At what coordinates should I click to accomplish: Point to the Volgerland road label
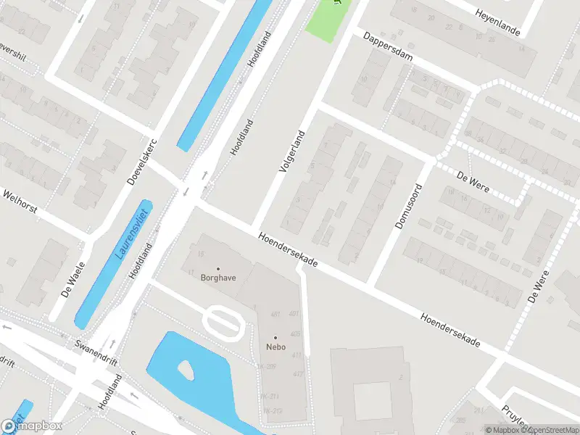pyautogui.click(x=292, y=151)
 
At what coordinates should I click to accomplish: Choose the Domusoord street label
pyautogui.click(x=408, y=206)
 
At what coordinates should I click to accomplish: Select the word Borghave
pyautogui.click(x=218, y=278)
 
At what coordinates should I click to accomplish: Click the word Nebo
pyautogui.click(x=275, y=347)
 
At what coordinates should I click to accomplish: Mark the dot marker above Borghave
pyautogui.click(x=218, y=268)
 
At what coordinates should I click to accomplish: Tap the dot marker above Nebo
pyautogui.click(x=275, y=337)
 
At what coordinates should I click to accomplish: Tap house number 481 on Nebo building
pyautogui.click(x=275, y=314)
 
